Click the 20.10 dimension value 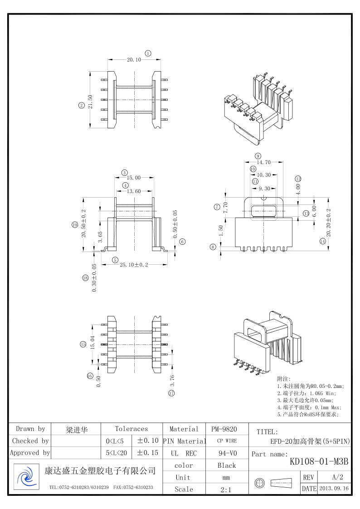[134, 60]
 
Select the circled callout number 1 [148, 53]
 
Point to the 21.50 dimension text [90, 102]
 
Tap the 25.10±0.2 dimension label [134, 265]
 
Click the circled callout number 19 [75, 225]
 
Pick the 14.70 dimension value [263, 162]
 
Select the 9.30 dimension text [264, 189]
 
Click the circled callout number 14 [323, 241]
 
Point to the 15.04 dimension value [93, 342]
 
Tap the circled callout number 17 [171, 393]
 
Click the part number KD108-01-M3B [319, 461]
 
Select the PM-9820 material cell [224, 429]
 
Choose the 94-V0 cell [227, 453]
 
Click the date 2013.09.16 [334, 488]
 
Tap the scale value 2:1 [226, 490]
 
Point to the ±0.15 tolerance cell [148, 453]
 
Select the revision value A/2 [338, 477]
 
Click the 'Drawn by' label [30, 429]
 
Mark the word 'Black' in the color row [227, 465]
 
